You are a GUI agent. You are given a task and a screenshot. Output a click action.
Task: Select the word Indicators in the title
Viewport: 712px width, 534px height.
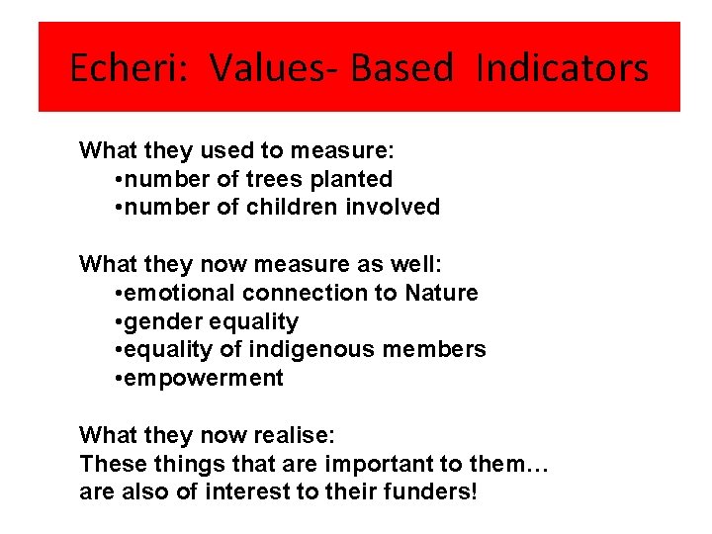pyautogui.click(x=562, y=68)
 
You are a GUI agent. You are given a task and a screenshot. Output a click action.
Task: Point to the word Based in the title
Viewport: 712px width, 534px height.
pyautogui.click(x=401, y=68)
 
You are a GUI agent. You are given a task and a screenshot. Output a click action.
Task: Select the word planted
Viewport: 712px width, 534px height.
pyautogui.click(x=345, y=179)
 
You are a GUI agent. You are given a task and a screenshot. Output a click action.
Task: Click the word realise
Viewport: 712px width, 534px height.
pyautogui.click(x=306, y=435)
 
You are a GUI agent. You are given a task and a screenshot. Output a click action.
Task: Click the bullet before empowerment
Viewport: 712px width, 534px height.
pyautogui.click(x=119, y=378)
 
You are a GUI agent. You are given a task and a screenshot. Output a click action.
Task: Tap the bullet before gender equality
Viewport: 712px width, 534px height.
pyautogui.click(x=119, y=321)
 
